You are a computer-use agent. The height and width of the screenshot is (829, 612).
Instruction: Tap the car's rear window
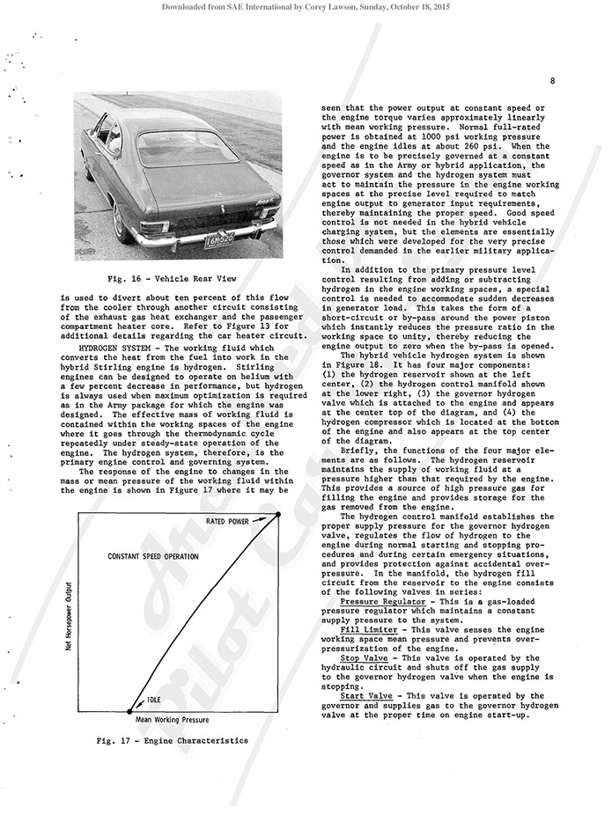point(187,149)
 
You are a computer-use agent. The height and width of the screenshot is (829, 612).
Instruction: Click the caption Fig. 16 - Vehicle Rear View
point(169,278)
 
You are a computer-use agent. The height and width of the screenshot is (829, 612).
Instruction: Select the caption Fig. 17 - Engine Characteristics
point(172,740)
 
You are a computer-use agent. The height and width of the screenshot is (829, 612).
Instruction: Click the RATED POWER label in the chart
point(228,521)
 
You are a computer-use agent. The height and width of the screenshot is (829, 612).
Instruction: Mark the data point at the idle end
point(129,709)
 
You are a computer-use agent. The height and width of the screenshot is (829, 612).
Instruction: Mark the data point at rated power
point(278,515)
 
